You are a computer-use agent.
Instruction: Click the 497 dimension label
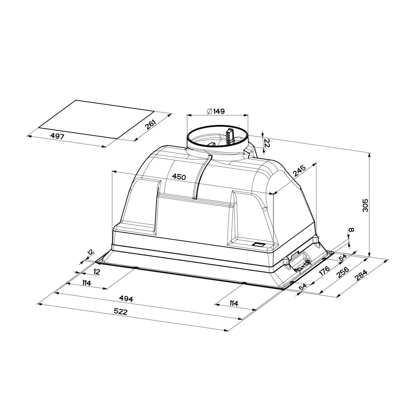[x=57, y=136]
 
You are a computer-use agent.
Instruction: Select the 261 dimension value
[x=150, y=125]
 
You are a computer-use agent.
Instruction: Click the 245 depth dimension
[x=299, y=170]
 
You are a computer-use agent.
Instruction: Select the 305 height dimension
[x=365, y=205]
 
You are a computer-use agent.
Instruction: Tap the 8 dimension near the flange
[x=352, y=230]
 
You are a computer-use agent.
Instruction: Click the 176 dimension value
[x=324, y=271]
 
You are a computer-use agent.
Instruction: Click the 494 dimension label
[x=126, y=299]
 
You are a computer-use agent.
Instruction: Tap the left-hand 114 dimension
[x=86, y=283]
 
